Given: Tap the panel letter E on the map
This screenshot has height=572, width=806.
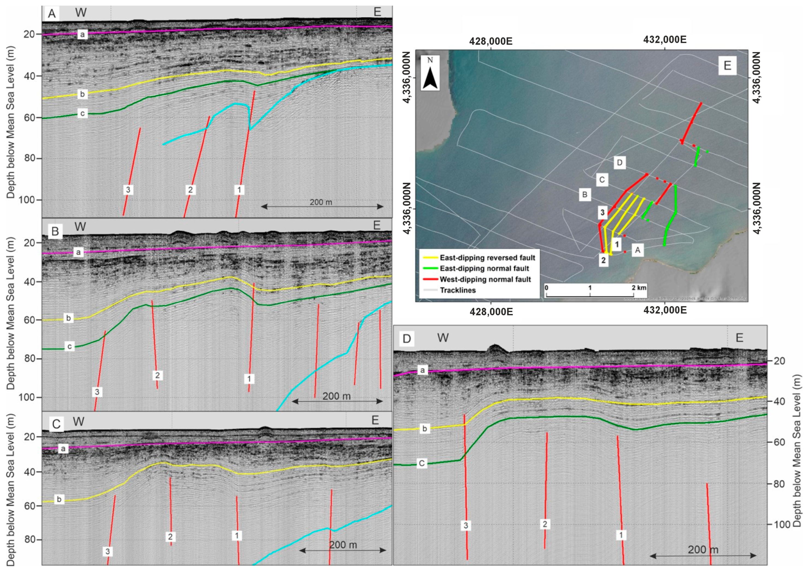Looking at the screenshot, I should pyautogui.click(x=727, y=66).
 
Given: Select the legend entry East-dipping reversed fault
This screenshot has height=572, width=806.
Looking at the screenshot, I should pyautogui.click(x=487, y=257).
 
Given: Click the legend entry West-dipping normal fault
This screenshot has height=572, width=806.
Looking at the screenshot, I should pyautogui.click(x=485, y=279).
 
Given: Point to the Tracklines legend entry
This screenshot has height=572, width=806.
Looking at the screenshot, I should pyautogui.click(x=457, y=290).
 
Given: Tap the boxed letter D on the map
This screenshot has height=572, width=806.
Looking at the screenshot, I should pyautogui.click(x=620, y=163).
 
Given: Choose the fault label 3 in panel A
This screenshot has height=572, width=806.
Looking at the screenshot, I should pyautogui.click(x=128, y=189).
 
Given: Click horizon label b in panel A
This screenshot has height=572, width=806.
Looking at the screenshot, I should pyautogui.click(x=82, y=94).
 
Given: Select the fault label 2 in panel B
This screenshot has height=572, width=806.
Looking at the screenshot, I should pyautogui.click(x=158, y=375).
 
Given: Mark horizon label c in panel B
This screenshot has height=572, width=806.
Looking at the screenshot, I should pyautogui.click(x=69, y=346).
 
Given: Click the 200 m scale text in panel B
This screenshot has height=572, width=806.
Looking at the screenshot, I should pyautogui.click(x=336, y=396).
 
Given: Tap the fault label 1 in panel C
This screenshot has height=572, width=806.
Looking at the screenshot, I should pyautogui.click(x=237, y=536).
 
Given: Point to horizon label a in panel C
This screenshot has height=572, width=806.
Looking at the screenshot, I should pyautogui.click(x=63, y=449).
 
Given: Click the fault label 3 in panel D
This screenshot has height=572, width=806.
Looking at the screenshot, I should pyautogui.click(x=465, y=526).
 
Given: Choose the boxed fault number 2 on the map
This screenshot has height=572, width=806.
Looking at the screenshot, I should pyautogui.click(x=603, y=260).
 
